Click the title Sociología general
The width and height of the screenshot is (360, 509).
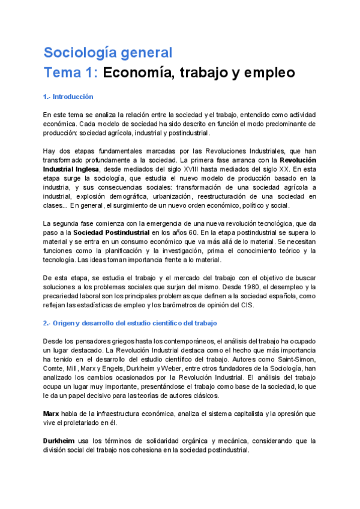coord(107,52)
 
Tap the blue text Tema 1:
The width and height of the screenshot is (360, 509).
coord(71,73)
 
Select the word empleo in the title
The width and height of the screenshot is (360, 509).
coord(269,73)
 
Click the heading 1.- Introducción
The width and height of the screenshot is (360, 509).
coord(68,97)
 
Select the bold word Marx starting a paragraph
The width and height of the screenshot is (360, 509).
coord(51,414)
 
